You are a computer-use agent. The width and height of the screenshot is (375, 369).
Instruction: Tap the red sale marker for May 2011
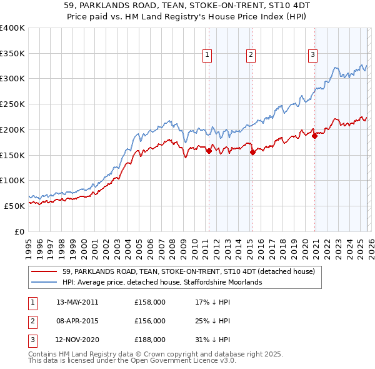coord(209,150)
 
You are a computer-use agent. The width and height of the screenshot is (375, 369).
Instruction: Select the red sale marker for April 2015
coord(252,151)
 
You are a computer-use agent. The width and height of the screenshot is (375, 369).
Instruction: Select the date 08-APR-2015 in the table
coord(77,321)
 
